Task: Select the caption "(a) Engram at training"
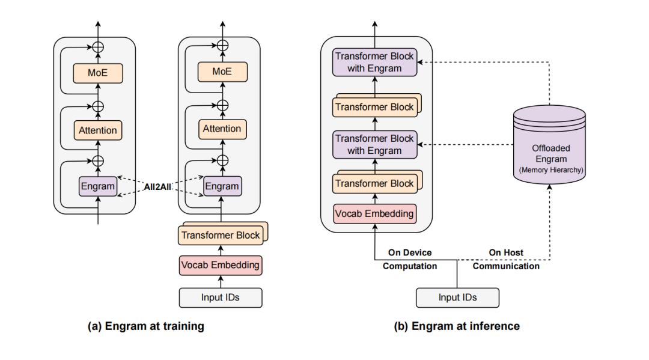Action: click(x=146, y=326)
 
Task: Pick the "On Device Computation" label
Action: click(x=409, y=259)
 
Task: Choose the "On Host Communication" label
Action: click(x=506, y=259)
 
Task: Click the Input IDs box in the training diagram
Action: click(x=221, y=297)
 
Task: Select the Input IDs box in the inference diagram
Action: click(x=457, y=297)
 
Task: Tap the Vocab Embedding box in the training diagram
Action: click(x=221, y=264)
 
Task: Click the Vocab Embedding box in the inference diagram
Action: click(x=374, y=213)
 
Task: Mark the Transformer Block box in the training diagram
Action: click(x=221, y=235)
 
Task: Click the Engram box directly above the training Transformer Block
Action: click(x=222, y=186)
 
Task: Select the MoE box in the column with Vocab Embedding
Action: click(x=222, y=72)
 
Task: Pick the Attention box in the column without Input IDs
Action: click(x=97, y=130)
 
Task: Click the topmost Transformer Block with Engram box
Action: click(x=374, y=63)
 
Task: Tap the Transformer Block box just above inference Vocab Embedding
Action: click(x=374, y=183)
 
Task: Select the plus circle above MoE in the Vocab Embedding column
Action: click(x=222, y=45)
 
